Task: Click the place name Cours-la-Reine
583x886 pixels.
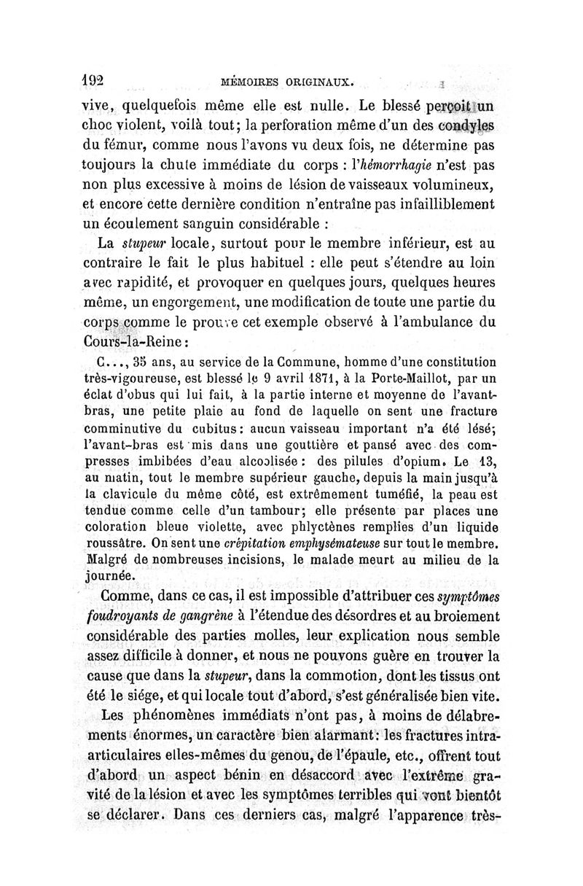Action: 136,341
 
